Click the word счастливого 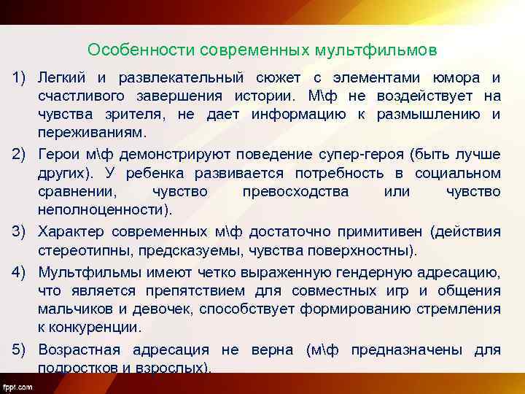84,96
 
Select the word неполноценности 105,209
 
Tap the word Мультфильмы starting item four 86,273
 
